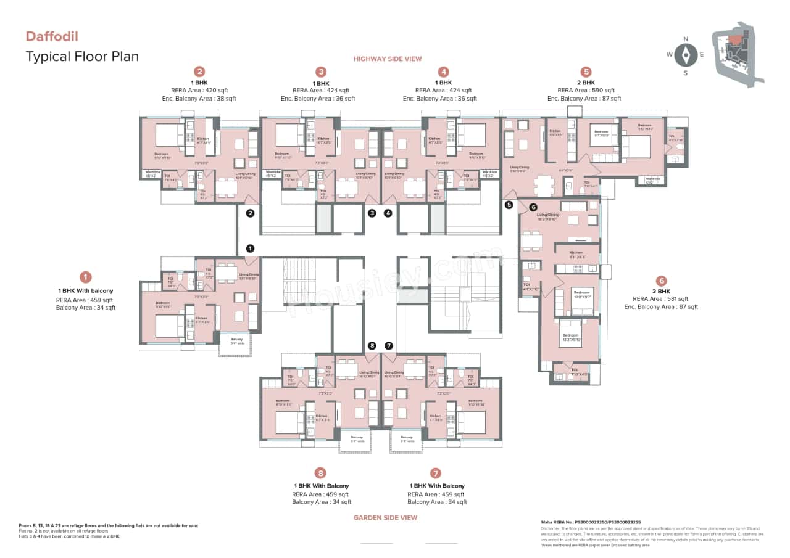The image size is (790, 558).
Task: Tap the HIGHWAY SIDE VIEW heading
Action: coord(387,59)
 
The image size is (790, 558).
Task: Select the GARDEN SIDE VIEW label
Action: coord(385,518)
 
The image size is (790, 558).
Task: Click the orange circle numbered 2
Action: coord(199,72)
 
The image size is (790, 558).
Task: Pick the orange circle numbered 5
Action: coord(586,72)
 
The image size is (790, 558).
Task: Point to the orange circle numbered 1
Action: coord(86,277)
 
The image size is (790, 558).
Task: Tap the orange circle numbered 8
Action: coord(320,474)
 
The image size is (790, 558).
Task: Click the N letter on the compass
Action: coord(685,39)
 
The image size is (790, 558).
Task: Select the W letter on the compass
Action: coord(669,55)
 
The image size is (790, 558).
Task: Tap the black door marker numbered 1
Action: coord(250,248)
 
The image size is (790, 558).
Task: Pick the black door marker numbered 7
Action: coord(389,346)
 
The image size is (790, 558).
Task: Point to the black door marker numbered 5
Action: coord(509,205)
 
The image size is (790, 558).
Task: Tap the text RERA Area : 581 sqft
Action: coord(661,299)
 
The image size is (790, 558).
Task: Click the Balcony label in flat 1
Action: coord(236,340)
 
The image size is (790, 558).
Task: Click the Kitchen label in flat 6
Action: coord(576,253)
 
